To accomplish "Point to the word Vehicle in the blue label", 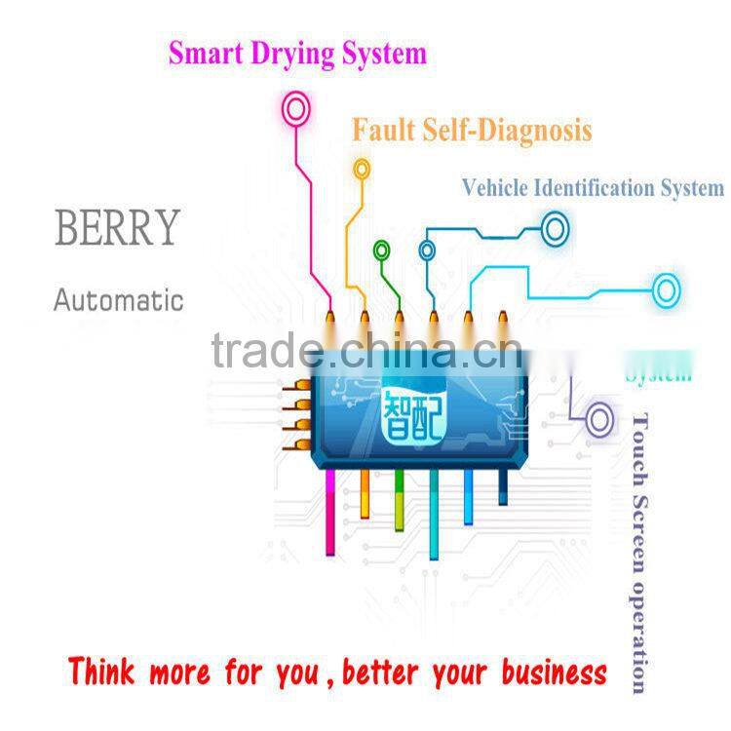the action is [495, 187].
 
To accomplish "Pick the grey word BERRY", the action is [117, 227].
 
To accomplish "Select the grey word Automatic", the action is [118, 299].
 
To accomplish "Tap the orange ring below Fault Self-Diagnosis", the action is [362, 169].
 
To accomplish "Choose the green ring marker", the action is [381, 250].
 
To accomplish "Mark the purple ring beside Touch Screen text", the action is [599, 420].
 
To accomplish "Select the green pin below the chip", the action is [399, 501].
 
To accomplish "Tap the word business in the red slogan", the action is [555, 673].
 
